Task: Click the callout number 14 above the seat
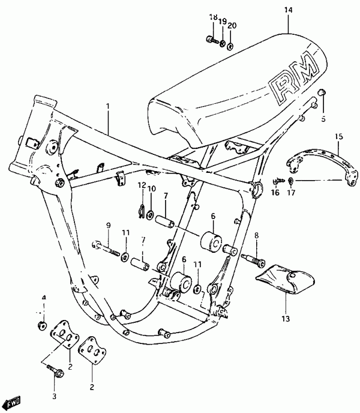pos(289,10)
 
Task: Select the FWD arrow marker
pos(13,402)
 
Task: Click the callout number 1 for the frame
pos(108,106)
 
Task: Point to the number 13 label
pos(286,319)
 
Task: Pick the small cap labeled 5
pos(322,92)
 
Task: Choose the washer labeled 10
pos(151,214)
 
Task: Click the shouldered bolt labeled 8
pos(253,259)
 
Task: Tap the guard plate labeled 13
pos(286,279)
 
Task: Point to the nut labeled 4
pos(42,325)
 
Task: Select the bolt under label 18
pos(212,40)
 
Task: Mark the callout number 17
pos(291,193)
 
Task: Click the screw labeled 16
pos(278,181)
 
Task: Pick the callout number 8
pos(257,235)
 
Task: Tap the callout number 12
pos(142,185)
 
